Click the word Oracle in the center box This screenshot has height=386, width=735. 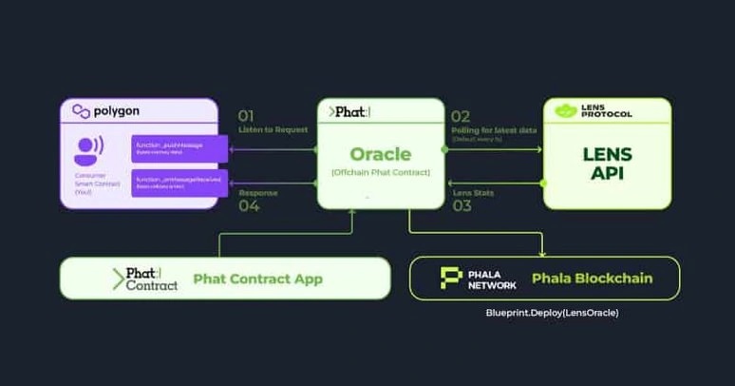(381, 154)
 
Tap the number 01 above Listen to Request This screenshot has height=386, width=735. (246, 116)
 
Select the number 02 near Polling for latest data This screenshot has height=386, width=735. (460, 117)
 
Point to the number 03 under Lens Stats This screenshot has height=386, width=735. (462, 204)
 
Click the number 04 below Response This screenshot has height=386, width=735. (248, 204)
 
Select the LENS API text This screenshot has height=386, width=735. (607, 162)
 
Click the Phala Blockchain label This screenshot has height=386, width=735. (592, 279)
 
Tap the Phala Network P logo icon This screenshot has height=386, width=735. (451, 279)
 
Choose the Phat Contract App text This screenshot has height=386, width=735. (257, 279)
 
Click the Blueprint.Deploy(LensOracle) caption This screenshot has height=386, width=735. (545, 313)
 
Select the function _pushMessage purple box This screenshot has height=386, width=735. (179, 147)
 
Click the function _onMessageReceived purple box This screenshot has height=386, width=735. (179, 183)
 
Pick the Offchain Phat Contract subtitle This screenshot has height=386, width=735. (381, 173)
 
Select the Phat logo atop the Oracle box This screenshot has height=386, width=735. (350, 112)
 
